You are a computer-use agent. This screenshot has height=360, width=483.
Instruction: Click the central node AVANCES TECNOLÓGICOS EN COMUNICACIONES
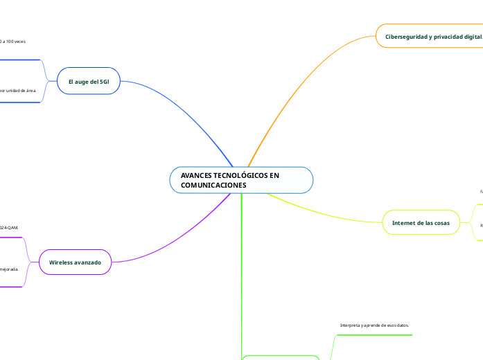(241, 180)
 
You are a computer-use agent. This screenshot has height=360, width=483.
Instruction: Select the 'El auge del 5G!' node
(88, 81)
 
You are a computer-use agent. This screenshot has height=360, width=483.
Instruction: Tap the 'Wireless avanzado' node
(75, 262)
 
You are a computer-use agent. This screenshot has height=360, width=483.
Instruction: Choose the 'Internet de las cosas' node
(421, 222)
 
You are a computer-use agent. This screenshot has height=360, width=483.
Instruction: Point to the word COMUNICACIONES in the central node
(213, 186)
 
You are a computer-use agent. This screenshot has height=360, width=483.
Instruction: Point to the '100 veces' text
(14, 42)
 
